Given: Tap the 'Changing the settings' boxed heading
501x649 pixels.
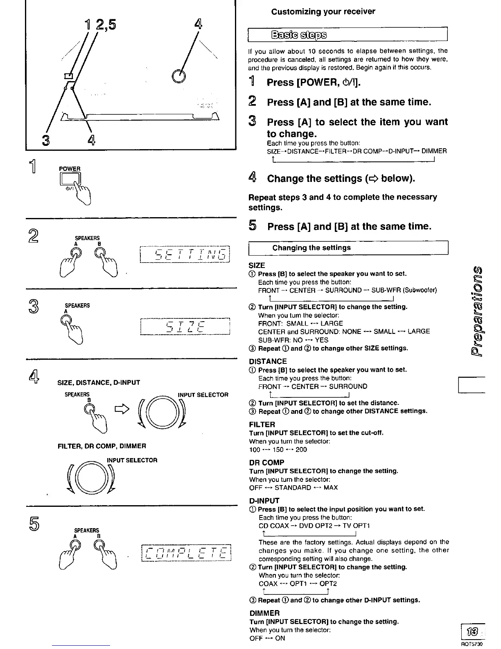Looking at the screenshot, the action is (311, 248).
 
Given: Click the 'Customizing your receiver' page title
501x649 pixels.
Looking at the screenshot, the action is (323, 11).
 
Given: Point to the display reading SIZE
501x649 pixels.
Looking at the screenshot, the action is (185, 327).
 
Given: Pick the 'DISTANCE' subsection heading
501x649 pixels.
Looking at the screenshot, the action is (268, 361).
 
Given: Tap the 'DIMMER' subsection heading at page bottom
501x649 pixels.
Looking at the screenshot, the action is (264, 613).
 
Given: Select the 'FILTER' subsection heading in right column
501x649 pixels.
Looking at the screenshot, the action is (262, 424).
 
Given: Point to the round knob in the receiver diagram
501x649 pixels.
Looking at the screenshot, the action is (178, 76).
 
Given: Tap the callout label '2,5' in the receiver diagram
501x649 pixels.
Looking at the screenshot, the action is (106, 25).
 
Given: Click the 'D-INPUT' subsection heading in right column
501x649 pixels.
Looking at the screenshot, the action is (264, 501).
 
